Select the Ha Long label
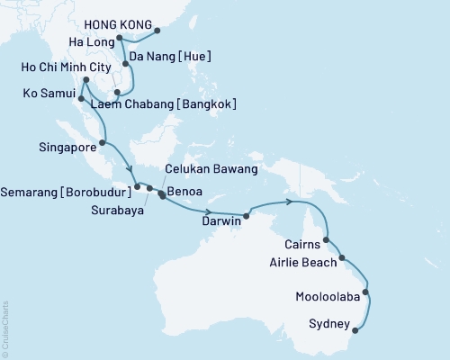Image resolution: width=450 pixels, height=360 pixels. coord(93,42)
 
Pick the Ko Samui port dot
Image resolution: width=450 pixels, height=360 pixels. coord(82,100)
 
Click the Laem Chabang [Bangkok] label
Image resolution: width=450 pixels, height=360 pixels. coord(165,104)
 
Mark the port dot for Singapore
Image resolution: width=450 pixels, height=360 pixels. coord(103,142)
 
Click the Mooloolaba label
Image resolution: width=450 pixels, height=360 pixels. coord(325,295)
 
